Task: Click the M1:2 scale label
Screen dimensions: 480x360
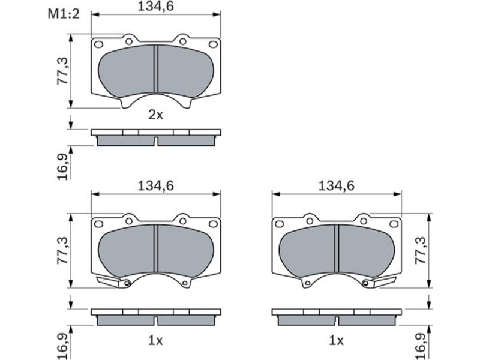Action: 64,14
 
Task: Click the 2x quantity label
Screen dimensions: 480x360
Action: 156,115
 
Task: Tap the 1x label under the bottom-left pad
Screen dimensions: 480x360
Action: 155,340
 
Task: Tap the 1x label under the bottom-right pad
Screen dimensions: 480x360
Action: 337,340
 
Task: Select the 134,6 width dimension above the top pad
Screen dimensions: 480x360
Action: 155,6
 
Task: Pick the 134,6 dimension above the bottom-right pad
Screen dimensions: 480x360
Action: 337,185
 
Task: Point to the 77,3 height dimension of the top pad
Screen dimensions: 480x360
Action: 64,71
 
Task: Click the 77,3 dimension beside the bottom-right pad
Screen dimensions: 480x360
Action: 421,250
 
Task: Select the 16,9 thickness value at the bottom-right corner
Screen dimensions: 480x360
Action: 421,347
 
